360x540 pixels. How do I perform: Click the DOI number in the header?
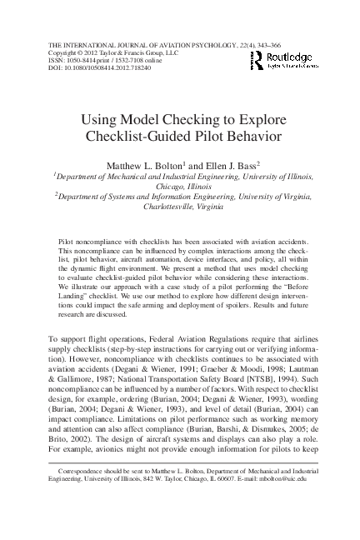107,67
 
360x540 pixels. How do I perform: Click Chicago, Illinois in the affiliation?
182,187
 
